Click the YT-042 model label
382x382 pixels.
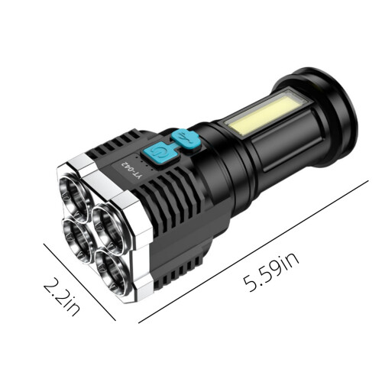131,170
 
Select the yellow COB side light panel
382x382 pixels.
265,113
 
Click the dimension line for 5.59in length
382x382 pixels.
254,251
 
